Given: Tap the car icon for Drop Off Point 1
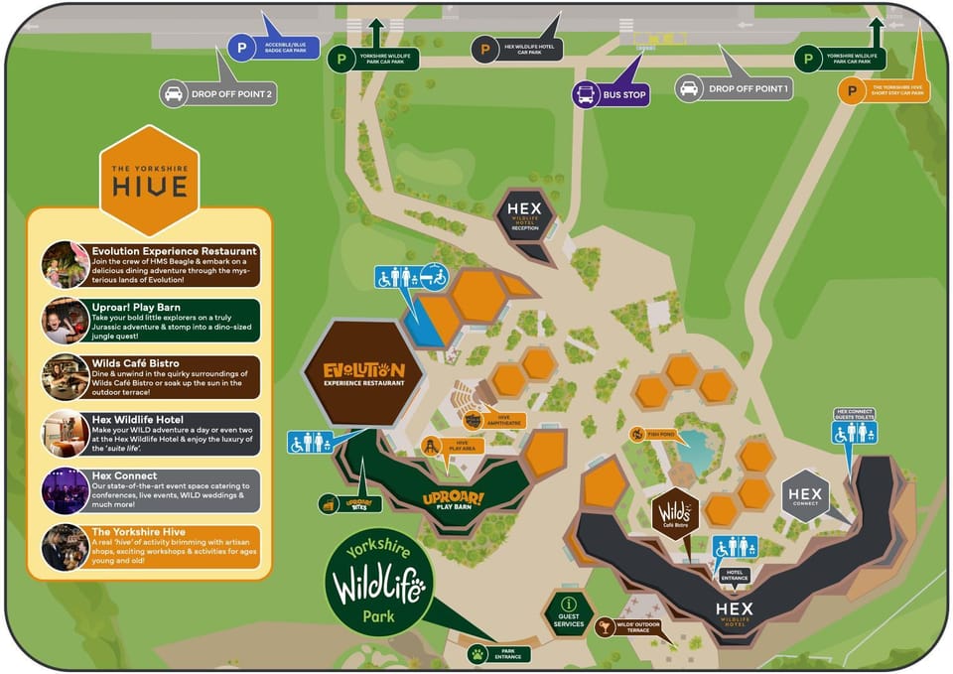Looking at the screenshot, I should [688, 89].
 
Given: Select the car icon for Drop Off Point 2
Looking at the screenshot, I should [174, 94].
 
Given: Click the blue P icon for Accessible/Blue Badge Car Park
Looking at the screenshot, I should [241, 47].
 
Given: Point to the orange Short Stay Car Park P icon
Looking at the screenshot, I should [850, 91].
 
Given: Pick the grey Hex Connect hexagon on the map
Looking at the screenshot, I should [804, 494].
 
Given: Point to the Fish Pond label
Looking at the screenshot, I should [657, 434].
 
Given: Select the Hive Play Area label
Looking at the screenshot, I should [450, 448].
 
